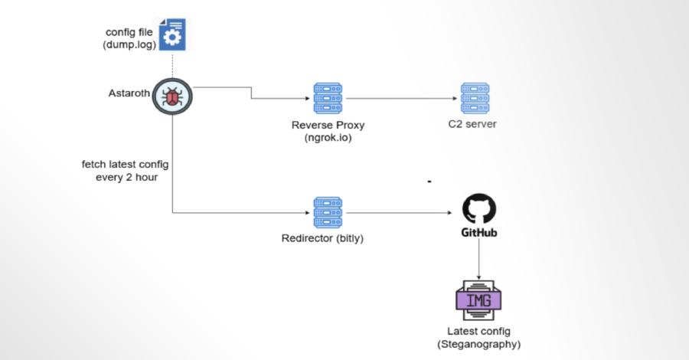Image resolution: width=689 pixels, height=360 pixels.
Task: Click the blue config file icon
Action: [172, 35]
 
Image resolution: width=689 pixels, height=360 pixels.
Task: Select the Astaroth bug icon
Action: [172, 97]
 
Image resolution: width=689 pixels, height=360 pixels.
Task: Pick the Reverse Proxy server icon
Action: [328, 99]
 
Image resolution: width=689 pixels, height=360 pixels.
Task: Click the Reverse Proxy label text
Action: [328, 126]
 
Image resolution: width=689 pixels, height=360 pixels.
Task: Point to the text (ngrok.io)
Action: [328, 139]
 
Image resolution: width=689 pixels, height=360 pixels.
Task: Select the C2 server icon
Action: [475, 99]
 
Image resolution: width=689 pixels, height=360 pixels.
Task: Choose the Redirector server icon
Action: [328, 212]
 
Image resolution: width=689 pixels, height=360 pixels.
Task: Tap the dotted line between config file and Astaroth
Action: [172, 64]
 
